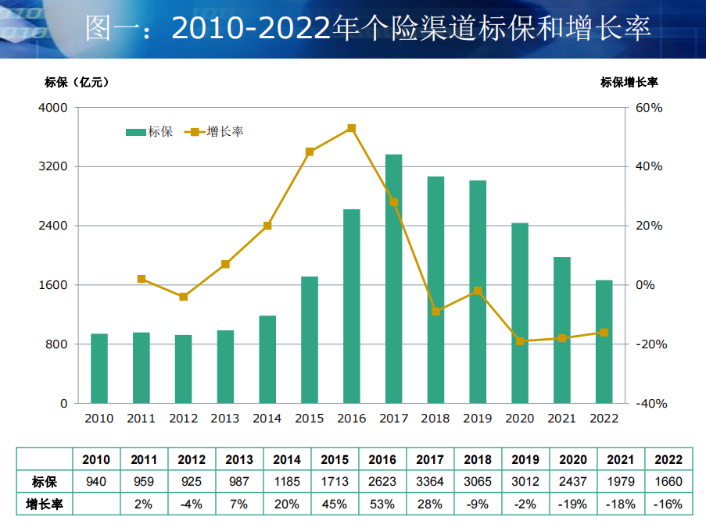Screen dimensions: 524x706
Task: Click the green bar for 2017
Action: pyautogui.click(x=393, y=279)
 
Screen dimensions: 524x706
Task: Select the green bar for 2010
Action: pyautogui.click(x=99, y=369)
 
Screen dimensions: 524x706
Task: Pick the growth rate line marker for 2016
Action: pyautogui.click(x=351, y=128)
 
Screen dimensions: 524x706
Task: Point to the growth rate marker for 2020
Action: pyautogui.click(x=520, y=341)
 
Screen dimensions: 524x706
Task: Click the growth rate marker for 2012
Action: pyautogui.click(x=183, y=297)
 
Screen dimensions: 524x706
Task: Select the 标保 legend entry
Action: pyautogui.click(x=149, y=132)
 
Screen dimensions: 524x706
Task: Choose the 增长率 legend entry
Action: pyautogui.click(x=215, y=132)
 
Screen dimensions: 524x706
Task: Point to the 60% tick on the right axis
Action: pyautogui.click(x=648, y=108)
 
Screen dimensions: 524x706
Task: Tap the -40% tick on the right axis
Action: pyautogui.click(x=648, y=404)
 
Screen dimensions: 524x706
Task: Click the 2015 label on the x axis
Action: pyautogui.click(x=309, y=419)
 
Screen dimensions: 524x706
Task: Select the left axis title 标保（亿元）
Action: pyautogui.click(x=77, y=81)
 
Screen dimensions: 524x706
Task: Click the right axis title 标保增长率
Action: pyautogui.click(x=629, y=81)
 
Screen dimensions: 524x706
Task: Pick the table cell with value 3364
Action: pyautogui.click(x=430, y=482)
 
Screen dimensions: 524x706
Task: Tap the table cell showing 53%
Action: pyautogui.click(x=382, y=504)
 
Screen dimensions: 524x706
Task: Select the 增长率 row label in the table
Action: pyautogui.click(x=44, y=504)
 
